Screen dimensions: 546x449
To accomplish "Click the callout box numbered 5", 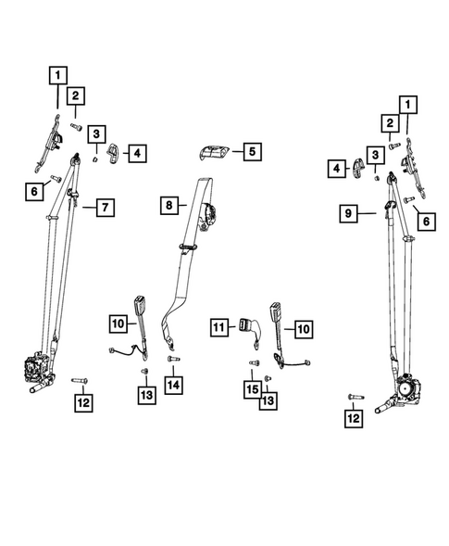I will pyautogui.click(x=253, y=151).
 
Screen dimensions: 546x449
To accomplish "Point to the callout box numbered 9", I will pyautogui.click(x=347, y=215).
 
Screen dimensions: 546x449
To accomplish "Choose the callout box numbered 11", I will pyautogui.click(x=218, y=327).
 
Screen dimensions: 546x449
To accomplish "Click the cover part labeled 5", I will pyautogui.click(x=213, y=151).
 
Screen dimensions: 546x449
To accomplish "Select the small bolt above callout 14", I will pyautogui.click(x=172, y=358).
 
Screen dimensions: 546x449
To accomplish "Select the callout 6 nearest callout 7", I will pyautogui.click(x=34, y=192).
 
